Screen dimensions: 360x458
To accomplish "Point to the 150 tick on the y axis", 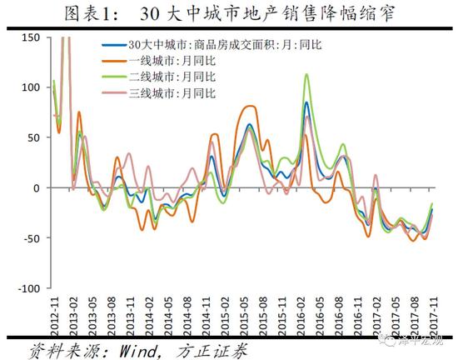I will click(30, 37).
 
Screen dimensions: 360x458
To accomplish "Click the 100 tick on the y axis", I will click(30, 87).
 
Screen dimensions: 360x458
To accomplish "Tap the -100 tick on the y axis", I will click(28, 288).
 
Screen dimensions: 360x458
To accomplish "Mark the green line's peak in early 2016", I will click(307, 75).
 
